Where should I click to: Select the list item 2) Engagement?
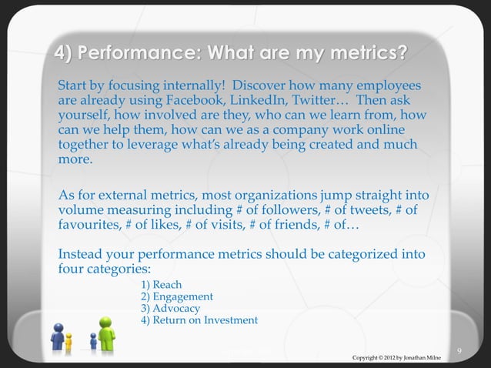177,297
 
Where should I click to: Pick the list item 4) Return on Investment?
199,320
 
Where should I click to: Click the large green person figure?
106,333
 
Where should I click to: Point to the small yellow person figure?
68,342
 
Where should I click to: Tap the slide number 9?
459,352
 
